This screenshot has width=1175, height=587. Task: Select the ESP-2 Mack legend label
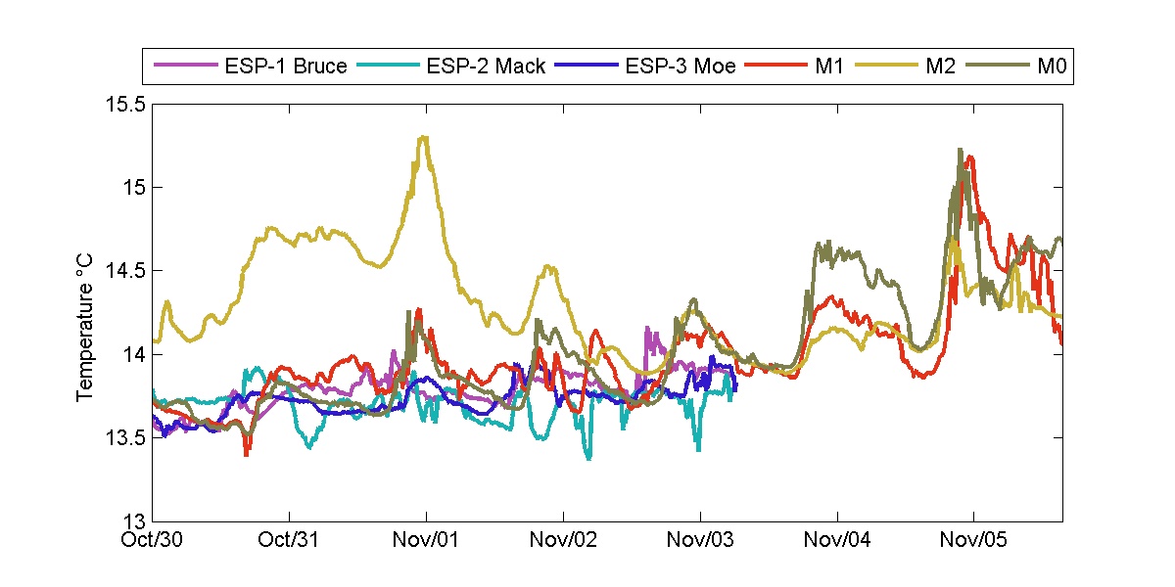(x=486, y=68)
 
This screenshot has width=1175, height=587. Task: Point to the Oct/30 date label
(x=155, y=539)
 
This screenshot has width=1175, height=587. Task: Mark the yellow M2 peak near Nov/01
(x=423, y=138)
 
